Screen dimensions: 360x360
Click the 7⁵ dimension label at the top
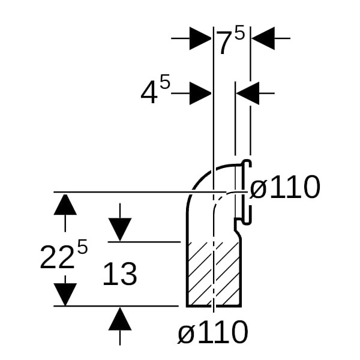click(x=230, y=42)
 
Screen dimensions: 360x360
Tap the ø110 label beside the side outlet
click(x=284, y=188)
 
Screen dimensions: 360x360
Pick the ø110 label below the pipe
click(x=212, y=332)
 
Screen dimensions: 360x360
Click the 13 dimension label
click(x=120, y=275)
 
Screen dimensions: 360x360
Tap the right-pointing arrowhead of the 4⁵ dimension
click(x=200, y=94)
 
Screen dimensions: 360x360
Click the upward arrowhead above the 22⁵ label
click(x=65, y=205)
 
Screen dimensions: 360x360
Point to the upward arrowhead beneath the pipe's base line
click(x=120, y=319)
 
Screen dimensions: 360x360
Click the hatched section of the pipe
click(x=213, y=273)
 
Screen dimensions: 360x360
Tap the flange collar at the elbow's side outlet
click(x=247, y=190)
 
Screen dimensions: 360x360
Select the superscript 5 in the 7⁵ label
click(x=239, y=34)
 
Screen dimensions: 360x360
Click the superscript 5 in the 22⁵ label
click(x=82, y=247)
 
